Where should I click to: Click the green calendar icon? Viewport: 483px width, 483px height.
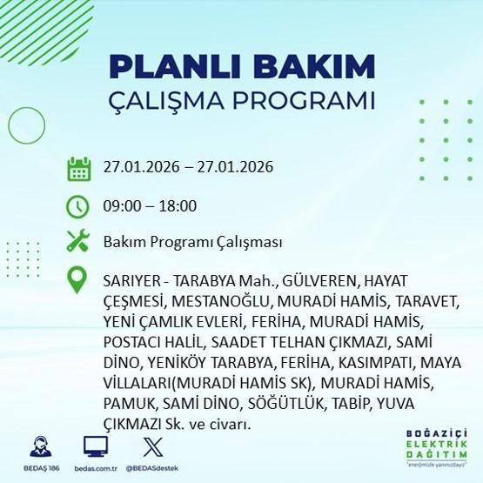tap(79, 168)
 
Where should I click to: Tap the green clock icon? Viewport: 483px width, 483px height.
tap(79, 206)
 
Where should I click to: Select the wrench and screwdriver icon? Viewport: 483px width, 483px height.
tap(79, 241)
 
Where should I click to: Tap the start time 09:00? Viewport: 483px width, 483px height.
tap(119, 206)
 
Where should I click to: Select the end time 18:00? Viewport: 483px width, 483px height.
tap(178, 206)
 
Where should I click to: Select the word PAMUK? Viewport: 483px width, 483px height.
tap(125, 404)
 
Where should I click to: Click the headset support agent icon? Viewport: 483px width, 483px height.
tap(39, 446)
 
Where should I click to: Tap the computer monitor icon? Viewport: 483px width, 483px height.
tap(95, 446)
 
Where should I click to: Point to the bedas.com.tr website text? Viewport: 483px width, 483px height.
tap(95, 467)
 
